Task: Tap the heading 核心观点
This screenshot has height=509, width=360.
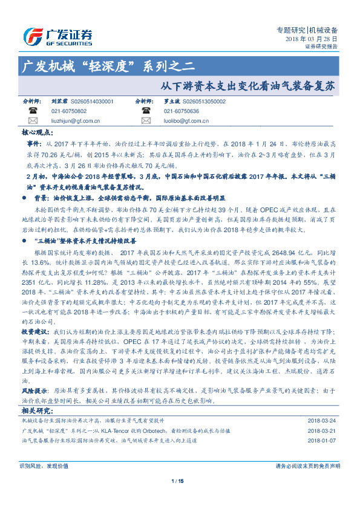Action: click(x=38, y=131)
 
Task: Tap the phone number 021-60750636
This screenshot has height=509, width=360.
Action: click(x=182, y=111)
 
